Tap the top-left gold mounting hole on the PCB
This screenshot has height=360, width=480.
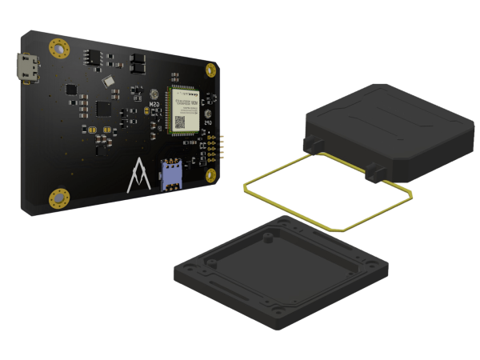pos(57,49)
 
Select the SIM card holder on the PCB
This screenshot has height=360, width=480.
pos(171,175)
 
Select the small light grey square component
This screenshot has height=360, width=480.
pos(108,81)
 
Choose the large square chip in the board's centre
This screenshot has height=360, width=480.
pos(103,108)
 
